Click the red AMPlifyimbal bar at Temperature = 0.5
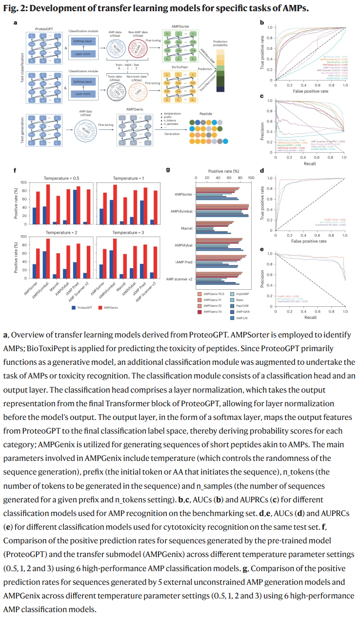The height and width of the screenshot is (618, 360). (48, 204)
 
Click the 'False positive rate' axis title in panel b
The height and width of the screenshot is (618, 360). (310, 92)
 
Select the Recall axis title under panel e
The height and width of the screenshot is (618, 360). (310, 317)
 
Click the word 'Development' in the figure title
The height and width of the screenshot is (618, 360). (57, 8)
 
